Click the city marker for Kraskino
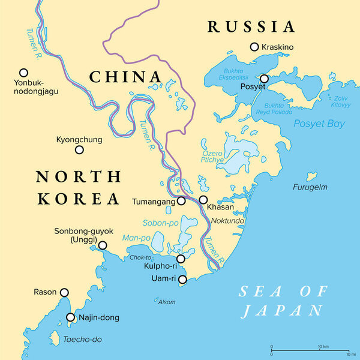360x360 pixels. tap(254, 47)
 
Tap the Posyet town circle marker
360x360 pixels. tap(264, 79)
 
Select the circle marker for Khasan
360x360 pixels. tap(203, 200)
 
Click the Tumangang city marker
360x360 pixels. tap(181, 202)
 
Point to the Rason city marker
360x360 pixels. tap(64, 292)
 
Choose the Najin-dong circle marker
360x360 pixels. tap(71, 317)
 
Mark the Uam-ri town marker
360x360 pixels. tap(183, 280)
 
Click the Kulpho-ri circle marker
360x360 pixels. tap(181, 259)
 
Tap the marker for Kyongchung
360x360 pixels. tap(79, 149)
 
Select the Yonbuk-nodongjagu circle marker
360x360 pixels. tap(24, 71)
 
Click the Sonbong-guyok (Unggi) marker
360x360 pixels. tap(103, 245)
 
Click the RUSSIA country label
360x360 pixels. tap(251, 26)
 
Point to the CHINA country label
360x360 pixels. tap(125, 77)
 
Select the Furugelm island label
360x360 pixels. tap(310, 187)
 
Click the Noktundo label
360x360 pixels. tap(227, 221)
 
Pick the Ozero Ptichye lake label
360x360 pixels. tap(213, 157)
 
